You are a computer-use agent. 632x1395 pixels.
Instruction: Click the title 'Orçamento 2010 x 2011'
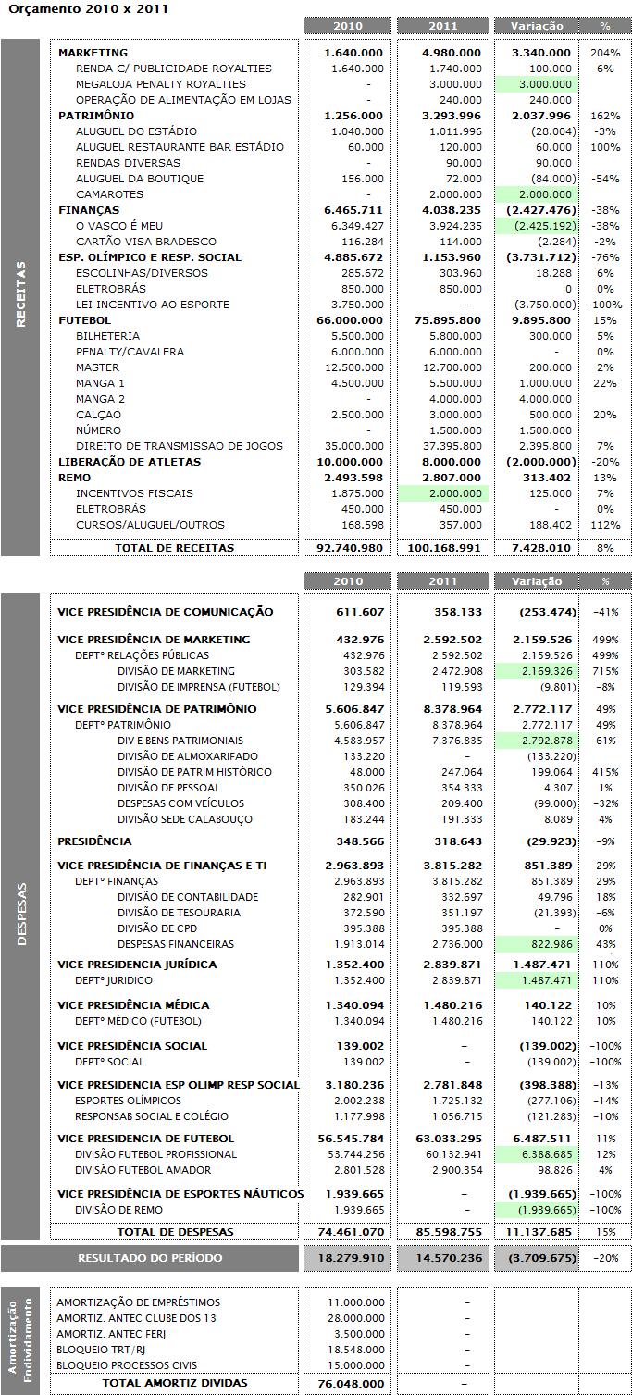coord(65,7)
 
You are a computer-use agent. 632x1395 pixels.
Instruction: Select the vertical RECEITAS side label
coord(20,294)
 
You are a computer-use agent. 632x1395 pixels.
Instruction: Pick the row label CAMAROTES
coord(109,194)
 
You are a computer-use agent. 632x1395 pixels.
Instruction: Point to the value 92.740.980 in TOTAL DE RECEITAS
coord(348,548)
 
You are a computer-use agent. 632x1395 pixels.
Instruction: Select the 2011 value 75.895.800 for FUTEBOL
coord(442,320)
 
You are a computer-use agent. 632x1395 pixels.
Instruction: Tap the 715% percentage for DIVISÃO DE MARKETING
coord(605,671)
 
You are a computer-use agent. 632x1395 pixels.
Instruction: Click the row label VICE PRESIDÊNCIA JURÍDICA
coord(137,965)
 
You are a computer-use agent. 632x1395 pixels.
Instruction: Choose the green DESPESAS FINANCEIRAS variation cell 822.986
coord(546,944)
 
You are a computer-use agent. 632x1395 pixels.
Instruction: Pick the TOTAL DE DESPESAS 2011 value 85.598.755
coord(442,1232)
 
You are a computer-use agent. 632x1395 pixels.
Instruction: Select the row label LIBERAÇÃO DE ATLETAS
coord(129,462)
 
